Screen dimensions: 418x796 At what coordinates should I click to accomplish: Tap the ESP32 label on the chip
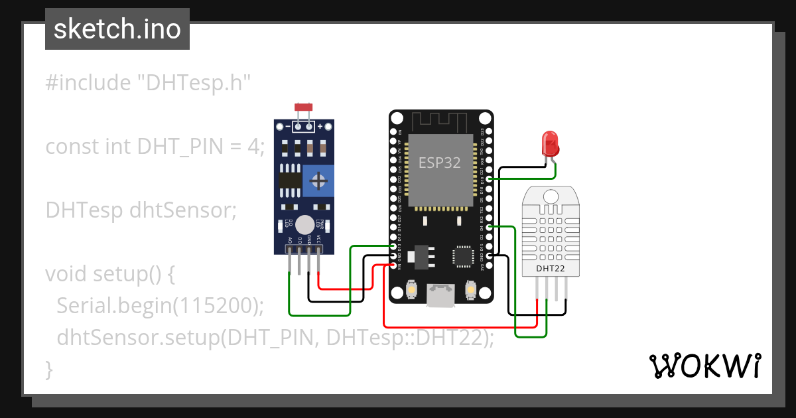tap(439, 163)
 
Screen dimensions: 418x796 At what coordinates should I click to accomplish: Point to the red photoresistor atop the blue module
tap(303, 107)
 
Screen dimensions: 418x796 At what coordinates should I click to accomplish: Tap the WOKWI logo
tap(704, 366)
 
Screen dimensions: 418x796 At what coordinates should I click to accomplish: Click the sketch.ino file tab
tap(117, 29)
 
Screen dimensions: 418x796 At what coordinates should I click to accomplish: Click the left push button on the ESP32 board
tap(411, 291)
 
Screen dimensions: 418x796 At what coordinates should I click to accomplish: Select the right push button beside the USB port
tap(470, 291)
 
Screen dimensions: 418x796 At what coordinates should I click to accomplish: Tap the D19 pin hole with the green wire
tap(489, 179)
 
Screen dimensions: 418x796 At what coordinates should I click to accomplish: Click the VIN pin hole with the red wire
tap(393, 265)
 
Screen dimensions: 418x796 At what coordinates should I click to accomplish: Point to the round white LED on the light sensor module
tap(304, 224)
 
